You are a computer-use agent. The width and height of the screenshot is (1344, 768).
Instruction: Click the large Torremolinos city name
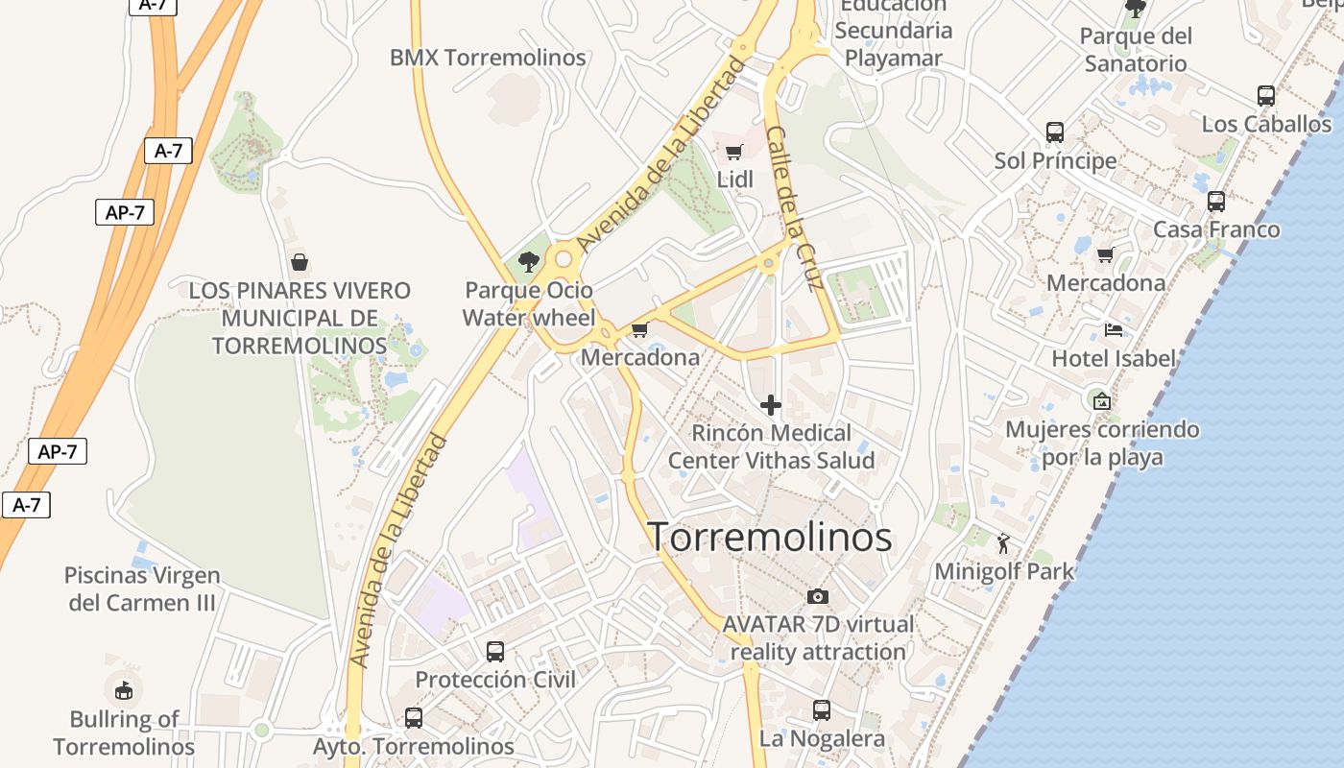[770, 537]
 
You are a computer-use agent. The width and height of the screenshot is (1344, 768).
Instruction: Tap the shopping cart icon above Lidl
[734, 152]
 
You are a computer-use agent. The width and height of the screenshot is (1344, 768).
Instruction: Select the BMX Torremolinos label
[488, 58]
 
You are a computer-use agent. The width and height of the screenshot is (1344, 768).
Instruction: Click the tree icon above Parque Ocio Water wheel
[528, 261]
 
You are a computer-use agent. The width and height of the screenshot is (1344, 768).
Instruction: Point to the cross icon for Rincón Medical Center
[770, 405]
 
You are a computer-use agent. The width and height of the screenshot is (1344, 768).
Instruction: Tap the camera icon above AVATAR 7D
[818, 596]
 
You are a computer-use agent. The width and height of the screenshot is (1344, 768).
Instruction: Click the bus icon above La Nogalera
[822, 710]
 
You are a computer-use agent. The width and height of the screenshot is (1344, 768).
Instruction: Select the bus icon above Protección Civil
[495, 652]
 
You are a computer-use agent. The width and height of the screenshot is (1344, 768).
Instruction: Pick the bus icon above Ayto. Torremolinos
[414, 718]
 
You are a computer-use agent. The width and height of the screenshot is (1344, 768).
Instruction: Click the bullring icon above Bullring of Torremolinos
[124, 689]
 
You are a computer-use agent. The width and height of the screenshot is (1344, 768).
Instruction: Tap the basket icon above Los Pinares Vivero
[300, 261]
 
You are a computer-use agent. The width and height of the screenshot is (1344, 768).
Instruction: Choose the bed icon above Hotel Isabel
[1114, 330]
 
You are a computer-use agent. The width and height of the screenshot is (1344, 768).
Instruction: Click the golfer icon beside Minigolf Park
[1003, 544]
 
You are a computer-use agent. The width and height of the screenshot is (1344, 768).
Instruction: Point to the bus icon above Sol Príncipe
[1055, 132]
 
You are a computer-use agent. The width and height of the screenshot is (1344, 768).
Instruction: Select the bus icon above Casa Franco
[1216, 202]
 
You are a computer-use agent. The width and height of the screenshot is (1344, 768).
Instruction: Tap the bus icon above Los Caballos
[1266, 96]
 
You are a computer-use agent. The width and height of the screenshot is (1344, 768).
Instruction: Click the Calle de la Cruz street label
[797, 208]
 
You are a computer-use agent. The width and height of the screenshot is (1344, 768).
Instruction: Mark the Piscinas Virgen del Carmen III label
[142, 588]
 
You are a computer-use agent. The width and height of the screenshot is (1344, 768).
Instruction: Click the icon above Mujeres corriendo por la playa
[1102, 400]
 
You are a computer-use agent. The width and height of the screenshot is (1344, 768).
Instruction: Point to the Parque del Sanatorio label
[1136, 50]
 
